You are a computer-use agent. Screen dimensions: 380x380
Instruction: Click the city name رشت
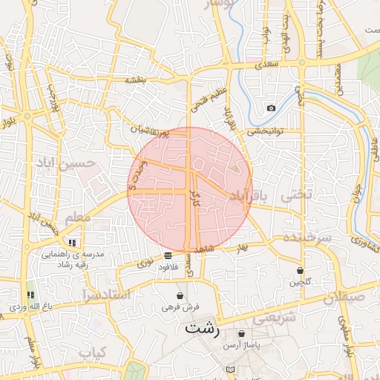pos(203,327)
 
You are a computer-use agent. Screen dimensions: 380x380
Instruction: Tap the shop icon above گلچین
pos(300,271)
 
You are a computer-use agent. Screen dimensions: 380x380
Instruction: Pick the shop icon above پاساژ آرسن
pos(242,333)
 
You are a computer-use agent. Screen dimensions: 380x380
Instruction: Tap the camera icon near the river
pos(271,108)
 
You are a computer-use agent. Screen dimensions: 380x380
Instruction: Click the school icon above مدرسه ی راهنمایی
pos(72,243)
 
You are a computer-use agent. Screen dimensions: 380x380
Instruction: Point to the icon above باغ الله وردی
pos(30,295)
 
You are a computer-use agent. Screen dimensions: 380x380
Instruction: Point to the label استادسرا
pos(104,295)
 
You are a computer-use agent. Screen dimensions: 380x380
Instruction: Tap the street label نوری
pos(145,263)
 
